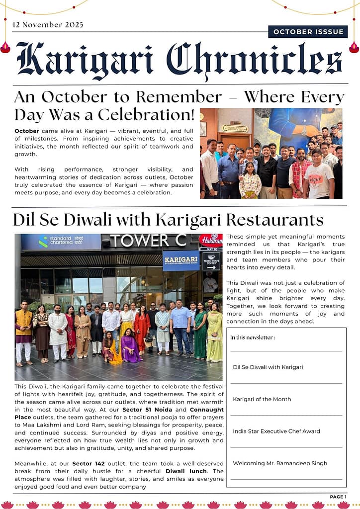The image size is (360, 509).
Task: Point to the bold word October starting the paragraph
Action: tap(27, 130)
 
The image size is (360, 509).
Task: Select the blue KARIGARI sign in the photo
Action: tap(181, 260)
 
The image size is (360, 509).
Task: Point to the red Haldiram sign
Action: tap(210, 241)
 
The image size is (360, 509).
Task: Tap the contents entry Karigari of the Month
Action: tap(262, 399)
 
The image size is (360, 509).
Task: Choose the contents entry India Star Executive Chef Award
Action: tap(276, 431)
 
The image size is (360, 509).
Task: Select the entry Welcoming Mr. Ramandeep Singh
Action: tap(280, 463)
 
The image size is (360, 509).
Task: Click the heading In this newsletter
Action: tap(253, 338)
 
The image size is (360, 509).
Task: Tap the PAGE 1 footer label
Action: tap(338, 497)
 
